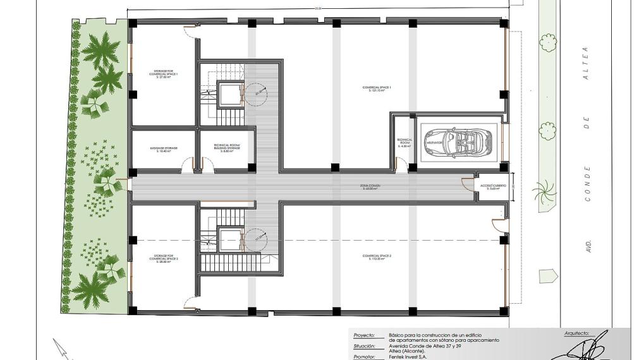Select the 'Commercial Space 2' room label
point(377,256)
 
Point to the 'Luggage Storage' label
point(164,150)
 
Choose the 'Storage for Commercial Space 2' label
point(164,259)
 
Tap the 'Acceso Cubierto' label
point(492,186)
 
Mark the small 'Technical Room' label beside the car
point(405,142)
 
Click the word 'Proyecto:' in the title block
point(364,335)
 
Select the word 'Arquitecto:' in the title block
point(576,333)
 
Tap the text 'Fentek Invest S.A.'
point(408,357)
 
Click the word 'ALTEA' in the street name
point(586,63)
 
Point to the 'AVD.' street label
point(588,246)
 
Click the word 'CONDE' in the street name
point(588,184)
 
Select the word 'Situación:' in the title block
point(365,346)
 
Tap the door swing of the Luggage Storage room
point(187,165)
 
